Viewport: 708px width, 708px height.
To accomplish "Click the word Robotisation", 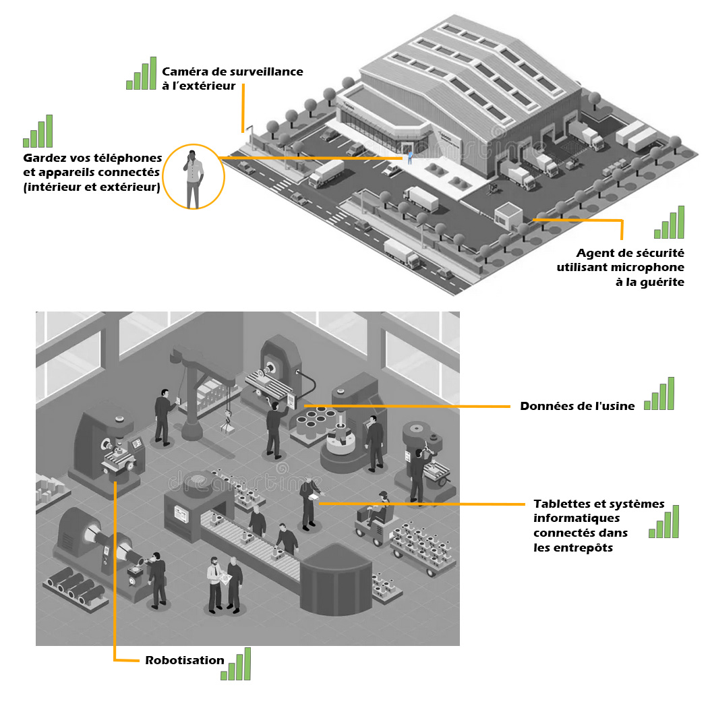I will point(184,660).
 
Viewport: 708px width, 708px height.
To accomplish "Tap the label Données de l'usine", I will point(577,406).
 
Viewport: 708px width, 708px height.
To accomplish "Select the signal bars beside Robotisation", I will point(236,664).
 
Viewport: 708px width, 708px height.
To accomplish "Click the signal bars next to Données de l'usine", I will point(659,394).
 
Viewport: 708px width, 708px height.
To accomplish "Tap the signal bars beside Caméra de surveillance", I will point(142,73).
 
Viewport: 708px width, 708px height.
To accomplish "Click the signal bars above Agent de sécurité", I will point(670,223).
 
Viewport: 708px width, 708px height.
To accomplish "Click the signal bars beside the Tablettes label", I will point(664,523).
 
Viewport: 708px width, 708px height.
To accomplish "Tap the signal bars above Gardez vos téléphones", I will point(38,132).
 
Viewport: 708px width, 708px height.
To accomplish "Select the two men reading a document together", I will point(225,584).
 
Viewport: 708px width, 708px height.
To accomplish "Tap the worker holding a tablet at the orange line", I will point(309,502).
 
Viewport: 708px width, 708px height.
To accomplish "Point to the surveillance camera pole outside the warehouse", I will point(247,131).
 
